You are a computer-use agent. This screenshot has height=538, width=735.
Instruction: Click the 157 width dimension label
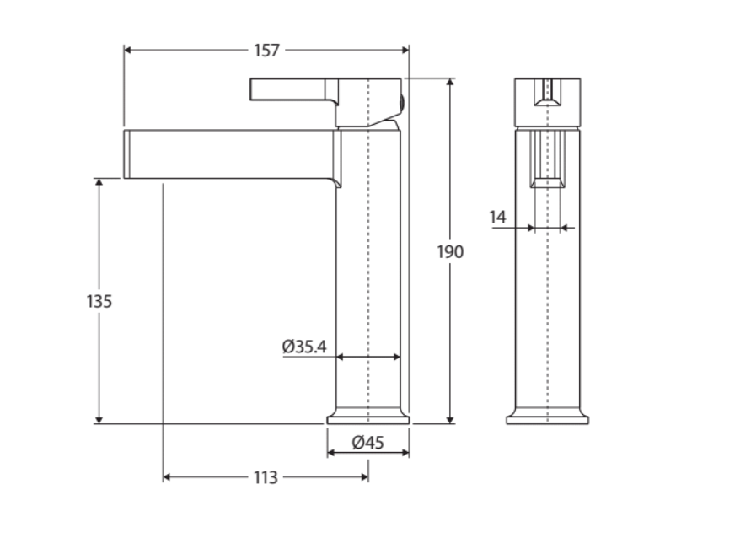[266, 51]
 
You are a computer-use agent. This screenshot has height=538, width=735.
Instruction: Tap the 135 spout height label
[99, 301]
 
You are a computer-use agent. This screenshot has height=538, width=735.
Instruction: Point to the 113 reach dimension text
[265, 478]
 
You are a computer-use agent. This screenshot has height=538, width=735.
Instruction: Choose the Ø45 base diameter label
[367, 443]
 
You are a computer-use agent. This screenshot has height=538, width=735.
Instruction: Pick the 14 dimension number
[498, 218]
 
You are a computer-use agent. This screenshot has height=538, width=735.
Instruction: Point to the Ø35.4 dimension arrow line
[368, 358]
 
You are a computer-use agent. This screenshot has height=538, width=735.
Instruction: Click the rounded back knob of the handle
[402, 102]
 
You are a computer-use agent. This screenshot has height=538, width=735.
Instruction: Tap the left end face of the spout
[126, 153]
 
